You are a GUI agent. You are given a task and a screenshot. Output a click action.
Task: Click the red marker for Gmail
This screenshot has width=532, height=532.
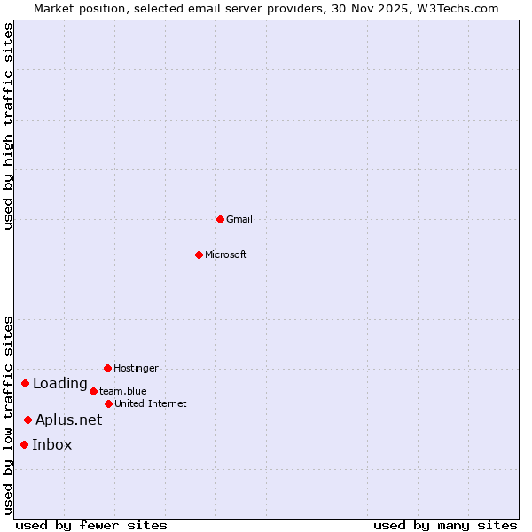pos(220,219)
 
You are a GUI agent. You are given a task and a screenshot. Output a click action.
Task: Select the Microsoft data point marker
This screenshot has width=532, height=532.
pos(199,254)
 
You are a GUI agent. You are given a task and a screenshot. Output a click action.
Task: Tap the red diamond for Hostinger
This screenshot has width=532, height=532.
pos(107,368)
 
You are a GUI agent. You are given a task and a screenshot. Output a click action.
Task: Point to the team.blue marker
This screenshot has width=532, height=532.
pos(93,391)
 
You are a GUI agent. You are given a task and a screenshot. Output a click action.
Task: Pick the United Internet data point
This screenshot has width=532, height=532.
pos(108,403)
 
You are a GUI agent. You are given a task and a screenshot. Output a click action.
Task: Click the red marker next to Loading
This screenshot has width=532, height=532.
pos(26,383)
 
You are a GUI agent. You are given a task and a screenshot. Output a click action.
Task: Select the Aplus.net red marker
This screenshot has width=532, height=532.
pos(28,419)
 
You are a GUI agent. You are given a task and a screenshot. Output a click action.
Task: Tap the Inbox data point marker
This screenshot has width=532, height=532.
pos(25,444)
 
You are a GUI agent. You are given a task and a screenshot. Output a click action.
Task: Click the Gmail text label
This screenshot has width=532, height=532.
pos(239,219)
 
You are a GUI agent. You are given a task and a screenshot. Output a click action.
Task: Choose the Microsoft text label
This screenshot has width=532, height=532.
pos(226,254)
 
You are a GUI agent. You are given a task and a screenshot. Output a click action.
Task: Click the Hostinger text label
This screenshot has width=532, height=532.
pos(136,368)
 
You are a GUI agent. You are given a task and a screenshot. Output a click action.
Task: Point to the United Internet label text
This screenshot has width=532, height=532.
pos(151,403)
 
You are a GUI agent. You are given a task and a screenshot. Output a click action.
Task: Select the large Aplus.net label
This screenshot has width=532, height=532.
pos(69,419)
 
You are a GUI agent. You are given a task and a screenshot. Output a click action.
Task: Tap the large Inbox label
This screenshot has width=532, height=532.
pos(52,444)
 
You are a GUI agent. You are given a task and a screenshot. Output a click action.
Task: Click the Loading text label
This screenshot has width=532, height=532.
pos(60,383)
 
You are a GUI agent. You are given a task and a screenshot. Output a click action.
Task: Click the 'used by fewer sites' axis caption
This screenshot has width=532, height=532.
pos(91,525)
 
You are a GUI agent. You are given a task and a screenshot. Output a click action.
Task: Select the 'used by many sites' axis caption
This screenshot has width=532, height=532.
pos(445,525)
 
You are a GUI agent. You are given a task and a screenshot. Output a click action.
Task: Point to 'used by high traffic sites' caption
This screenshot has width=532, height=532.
pos(9,126)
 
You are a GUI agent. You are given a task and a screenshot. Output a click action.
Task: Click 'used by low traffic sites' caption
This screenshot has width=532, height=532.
pos(9,414)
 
